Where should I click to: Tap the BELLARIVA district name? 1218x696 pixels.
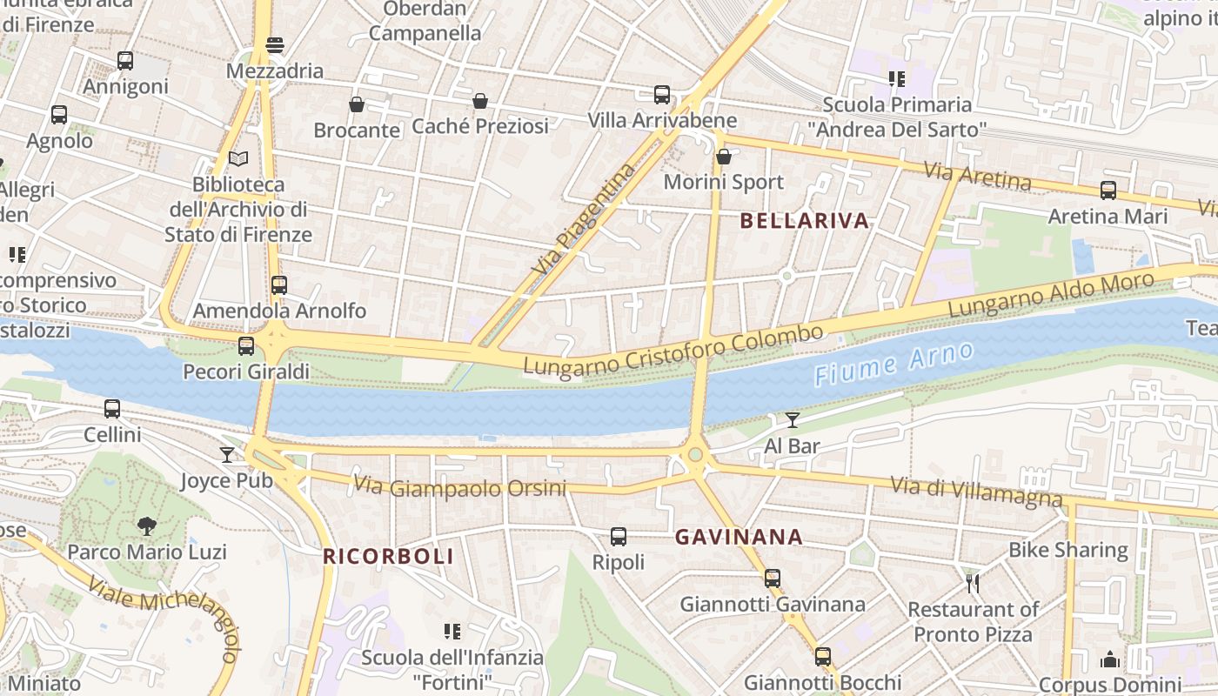click(x=805, y=221)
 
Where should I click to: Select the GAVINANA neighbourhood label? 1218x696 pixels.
click(x=739, y=537)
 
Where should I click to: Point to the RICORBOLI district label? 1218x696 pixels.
click(x=389, y=557)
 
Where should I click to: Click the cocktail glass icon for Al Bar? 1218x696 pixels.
click(x=792, y=420)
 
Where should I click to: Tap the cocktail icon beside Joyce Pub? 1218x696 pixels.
click(x=227, y=454)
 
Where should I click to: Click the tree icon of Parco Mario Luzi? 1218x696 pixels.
click(x=147, y=525)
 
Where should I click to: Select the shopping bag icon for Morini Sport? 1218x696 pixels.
click(x=723, y=157)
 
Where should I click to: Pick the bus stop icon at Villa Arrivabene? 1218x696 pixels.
click(x=662, y=94)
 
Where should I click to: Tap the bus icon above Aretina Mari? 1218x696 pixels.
click(x=1108, y=190)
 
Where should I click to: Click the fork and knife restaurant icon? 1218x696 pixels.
click(x=973, y=582)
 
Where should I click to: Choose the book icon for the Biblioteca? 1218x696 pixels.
click(x=238, y=159)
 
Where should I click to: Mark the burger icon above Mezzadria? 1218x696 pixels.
click(x=275, y=45)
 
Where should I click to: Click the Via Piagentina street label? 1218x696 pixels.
click(x=581, y=220)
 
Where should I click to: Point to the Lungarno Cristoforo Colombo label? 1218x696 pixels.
click(x=673, y=350)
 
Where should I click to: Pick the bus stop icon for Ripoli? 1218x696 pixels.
click(x=619, y=537)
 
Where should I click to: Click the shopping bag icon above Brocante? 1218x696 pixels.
click(x=356, y=104)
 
